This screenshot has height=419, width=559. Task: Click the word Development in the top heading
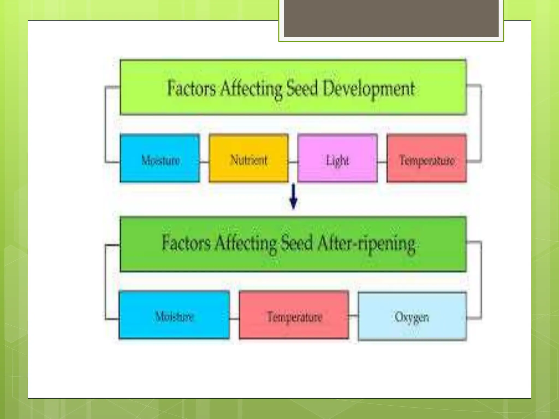[369, 89]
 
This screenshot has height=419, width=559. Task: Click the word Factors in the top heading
[191, 88]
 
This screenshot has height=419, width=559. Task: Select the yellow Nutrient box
[249, 158]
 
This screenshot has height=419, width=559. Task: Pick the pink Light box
[338, 158]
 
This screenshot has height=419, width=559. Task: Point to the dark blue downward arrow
[293, 196]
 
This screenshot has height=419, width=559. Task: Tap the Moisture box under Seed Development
[160, 158]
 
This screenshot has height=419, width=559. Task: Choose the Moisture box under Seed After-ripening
[174, 315]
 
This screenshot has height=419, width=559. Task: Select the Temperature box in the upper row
[427, 158]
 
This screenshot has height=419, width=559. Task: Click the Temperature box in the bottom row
[294, 315]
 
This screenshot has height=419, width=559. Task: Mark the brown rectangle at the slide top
[391, 18]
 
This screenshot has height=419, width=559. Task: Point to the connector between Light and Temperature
[382, 162]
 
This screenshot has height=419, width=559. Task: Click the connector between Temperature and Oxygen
[353, 316]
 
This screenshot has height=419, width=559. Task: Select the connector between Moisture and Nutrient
[204, 162]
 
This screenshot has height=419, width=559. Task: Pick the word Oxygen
[412, 317]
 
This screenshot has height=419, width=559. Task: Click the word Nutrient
[249, 160]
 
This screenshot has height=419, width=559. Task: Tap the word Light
[337, 161]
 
